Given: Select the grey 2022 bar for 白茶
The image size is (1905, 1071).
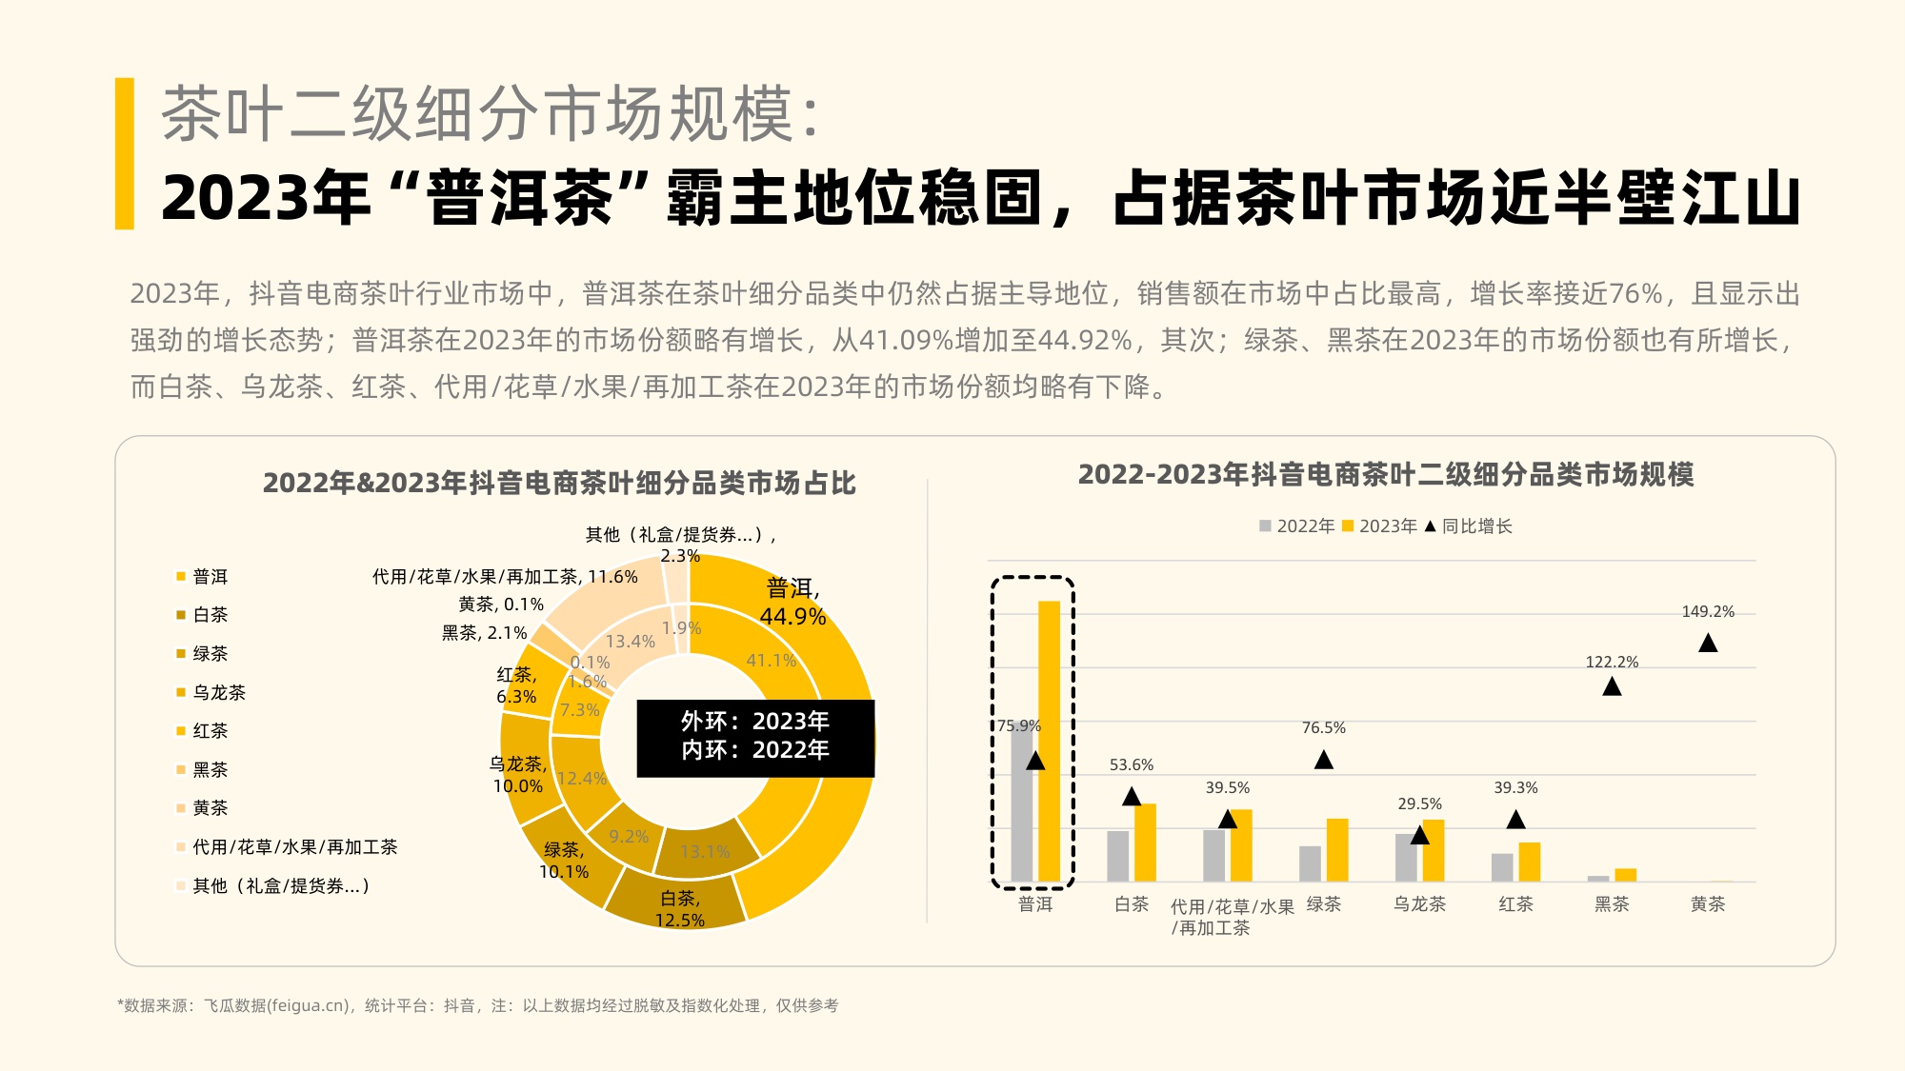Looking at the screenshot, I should click(x=1117, y=856).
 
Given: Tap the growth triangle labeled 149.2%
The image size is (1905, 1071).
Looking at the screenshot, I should click(x=1708, y=644).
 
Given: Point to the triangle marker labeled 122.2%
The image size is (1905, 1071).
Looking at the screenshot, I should click(x=1612, y=686).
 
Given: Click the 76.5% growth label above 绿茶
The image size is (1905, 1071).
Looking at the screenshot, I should click(x=1323, y=727).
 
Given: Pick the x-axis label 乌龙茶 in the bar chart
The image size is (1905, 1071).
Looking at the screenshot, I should click(x=1419, y=903).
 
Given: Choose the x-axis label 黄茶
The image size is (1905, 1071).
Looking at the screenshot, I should click(x=1708, y=903).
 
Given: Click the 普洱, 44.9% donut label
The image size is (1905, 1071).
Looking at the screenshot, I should click(x=792, y=602).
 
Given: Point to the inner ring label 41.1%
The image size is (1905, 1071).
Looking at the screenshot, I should click(x=771, y=660).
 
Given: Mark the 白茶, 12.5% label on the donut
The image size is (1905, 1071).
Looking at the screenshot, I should click(x=680, y=909).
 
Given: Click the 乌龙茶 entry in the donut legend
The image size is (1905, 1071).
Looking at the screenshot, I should click(x=218, y=692).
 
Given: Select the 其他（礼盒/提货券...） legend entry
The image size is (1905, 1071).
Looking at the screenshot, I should click(x=279, y=885).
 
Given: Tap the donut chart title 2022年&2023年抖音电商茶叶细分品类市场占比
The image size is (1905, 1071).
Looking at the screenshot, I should click(x=559, y=483).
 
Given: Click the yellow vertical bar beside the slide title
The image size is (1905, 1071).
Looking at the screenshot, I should click(x=124, y=153).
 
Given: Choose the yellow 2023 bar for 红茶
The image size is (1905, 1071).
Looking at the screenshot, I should click(x=1529, y=862).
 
